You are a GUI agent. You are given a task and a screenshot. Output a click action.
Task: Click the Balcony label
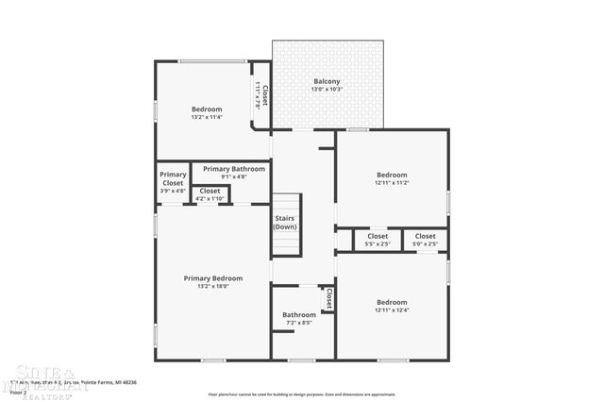coord(327,80)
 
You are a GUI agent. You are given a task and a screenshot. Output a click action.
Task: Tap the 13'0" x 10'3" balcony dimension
coord(327,89)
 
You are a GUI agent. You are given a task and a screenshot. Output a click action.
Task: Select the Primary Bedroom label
coord(213,278)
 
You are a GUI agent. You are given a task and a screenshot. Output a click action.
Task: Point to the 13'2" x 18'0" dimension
coord(213,286)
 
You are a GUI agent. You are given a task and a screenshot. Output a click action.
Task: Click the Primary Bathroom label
coord(234,169)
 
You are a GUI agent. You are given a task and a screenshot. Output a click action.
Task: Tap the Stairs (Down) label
coord(286,223)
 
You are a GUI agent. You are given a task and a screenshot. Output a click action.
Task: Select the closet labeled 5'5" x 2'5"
coord(377,240)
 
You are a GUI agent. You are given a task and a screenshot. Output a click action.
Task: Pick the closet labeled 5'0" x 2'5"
coord(426,240)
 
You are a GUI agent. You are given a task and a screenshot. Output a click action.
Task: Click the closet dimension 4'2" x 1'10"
coord(210,198)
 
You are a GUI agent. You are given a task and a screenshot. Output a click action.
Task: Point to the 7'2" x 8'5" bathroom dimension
coord(299,323)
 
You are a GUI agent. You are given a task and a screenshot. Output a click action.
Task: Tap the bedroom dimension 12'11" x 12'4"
coord(392,310)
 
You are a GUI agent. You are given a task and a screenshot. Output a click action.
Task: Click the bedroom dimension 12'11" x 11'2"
coord(392,182)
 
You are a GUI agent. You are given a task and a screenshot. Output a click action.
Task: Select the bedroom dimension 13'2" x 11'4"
coord(207,117)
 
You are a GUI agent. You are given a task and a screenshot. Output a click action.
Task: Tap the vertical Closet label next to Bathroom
coord(328,299)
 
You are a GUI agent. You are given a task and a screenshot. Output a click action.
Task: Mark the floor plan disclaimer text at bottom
coord(302,394)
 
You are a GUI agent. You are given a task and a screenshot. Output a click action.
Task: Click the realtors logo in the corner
coord(42,377)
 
